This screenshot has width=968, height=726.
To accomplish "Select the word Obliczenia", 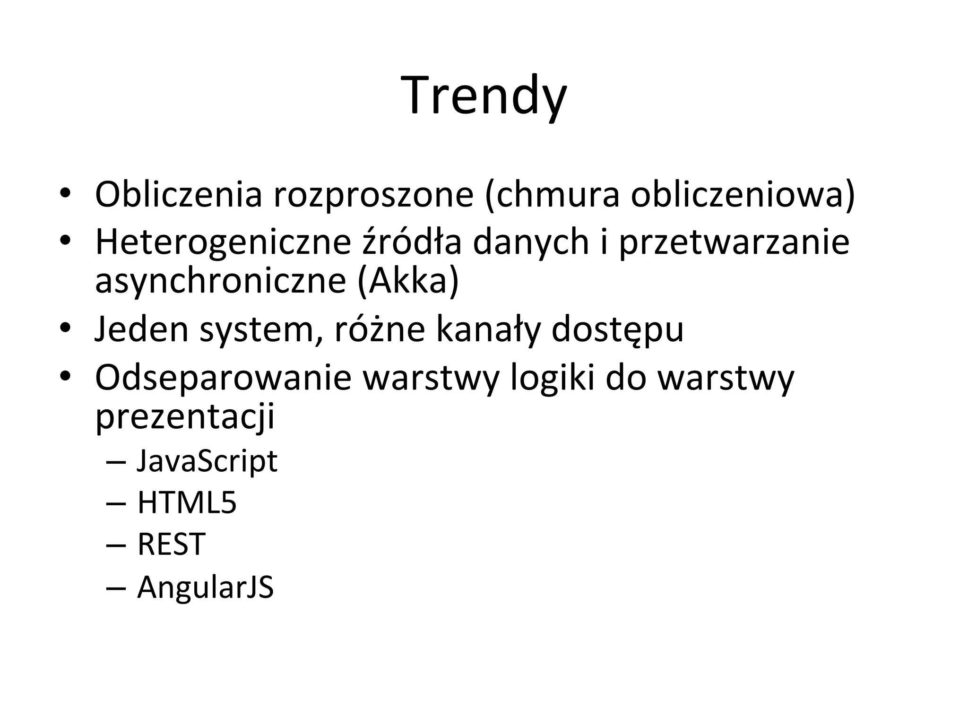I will pyautogui.click(x=178, y=194).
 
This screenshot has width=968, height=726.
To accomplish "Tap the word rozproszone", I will pyautogui.click(x=373, y=194).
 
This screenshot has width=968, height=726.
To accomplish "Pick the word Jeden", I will pyautogui.click(x=142, y=329).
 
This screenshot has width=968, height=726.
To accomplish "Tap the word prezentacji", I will pyautogui.click(x=185, y=417).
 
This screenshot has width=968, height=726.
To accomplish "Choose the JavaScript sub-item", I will pyautogui.click(x=207, y=461).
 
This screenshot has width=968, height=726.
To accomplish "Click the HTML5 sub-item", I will pyautogui.click(x=187, y=502).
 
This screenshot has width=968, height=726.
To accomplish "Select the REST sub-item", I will pyautogui.click(x=171, y=544).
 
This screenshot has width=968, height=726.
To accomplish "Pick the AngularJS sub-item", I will pyautogui.click(x=205, y=588).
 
